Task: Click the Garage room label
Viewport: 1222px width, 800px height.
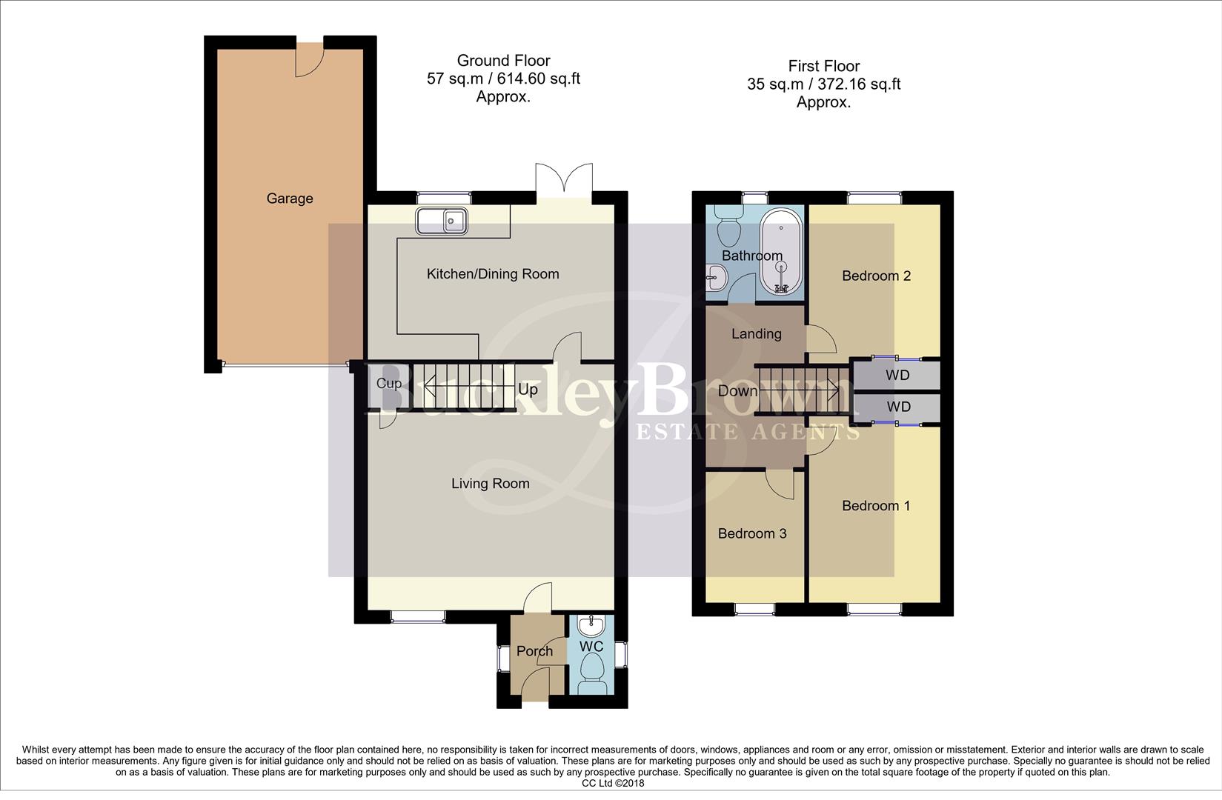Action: [290, 199]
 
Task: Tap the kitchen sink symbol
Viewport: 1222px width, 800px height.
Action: [442, 221]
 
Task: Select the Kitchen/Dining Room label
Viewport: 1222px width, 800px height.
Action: [493, 274]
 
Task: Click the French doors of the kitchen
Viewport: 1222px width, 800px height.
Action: [565, 181]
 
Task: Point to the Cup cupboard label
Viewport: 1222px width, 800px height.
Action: [388, 383]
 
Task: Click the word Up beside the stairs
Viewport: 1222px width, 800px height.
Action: [528, 390]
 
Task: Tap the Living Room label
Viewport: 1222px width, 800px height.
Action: [491, 484]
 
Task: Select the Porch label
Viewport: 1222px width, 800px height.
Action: [534, 651]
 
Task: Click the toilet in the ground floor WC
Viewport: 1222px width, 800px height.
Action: [592, 675]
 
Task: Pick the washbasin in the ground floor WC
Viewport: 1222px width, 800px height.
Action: [591, 627]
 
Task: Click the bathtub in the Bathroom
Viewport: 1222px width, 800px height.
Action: [780, 252]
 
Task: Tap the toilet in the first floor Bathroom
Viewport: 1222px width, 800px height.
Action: [729, 225]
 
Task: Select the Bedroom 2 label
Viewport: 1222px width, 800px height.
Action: [876, 276]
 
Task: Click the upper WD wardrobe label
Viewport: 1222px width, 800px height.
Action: [898, 376]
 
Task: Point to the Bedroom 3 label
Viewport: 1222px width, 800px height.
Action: [752, 534]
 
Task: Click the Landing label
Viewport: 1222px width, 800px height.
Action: [756, 334]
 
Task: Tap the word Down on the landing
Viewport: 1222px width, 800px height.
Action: [738, 391]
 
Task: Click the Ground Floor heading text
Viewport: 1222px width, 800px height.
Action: [503, 61]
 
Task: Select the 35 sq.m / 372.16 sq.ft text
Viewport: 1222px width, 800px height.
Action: [823, 84]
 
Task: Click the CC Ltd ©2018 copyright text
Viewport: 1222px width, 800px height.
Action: [613, 783]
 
